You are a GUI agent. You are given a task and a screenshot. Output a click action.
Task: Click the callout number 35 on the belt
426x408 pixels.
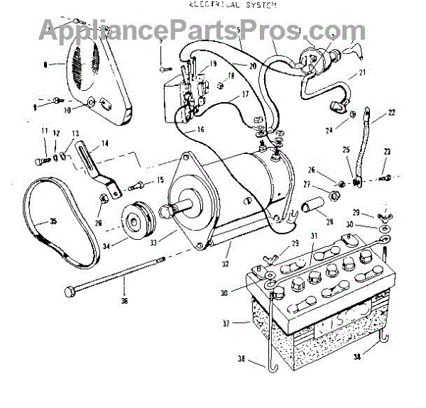click(53, 221)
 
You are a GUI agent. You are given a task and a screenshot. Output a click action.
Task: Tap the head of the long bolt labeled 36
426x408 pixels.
click(69, 292)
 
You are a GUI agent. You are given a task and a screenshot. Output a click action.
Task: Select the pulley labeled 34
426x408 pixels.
click(133, 221)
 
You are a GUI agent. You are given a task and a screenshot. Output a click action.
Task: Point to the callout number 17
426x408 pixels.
click(244, 94)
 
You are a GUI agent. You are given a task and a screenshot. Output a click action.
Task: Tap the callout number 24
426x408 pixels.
click(329, 129)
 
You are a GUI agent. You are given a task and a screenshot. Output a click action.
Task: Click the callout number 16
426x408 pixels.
click(200, 130)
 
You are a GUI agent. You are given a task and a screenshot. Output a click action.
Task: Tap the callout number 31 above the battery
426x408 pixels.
click(312, 236)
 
